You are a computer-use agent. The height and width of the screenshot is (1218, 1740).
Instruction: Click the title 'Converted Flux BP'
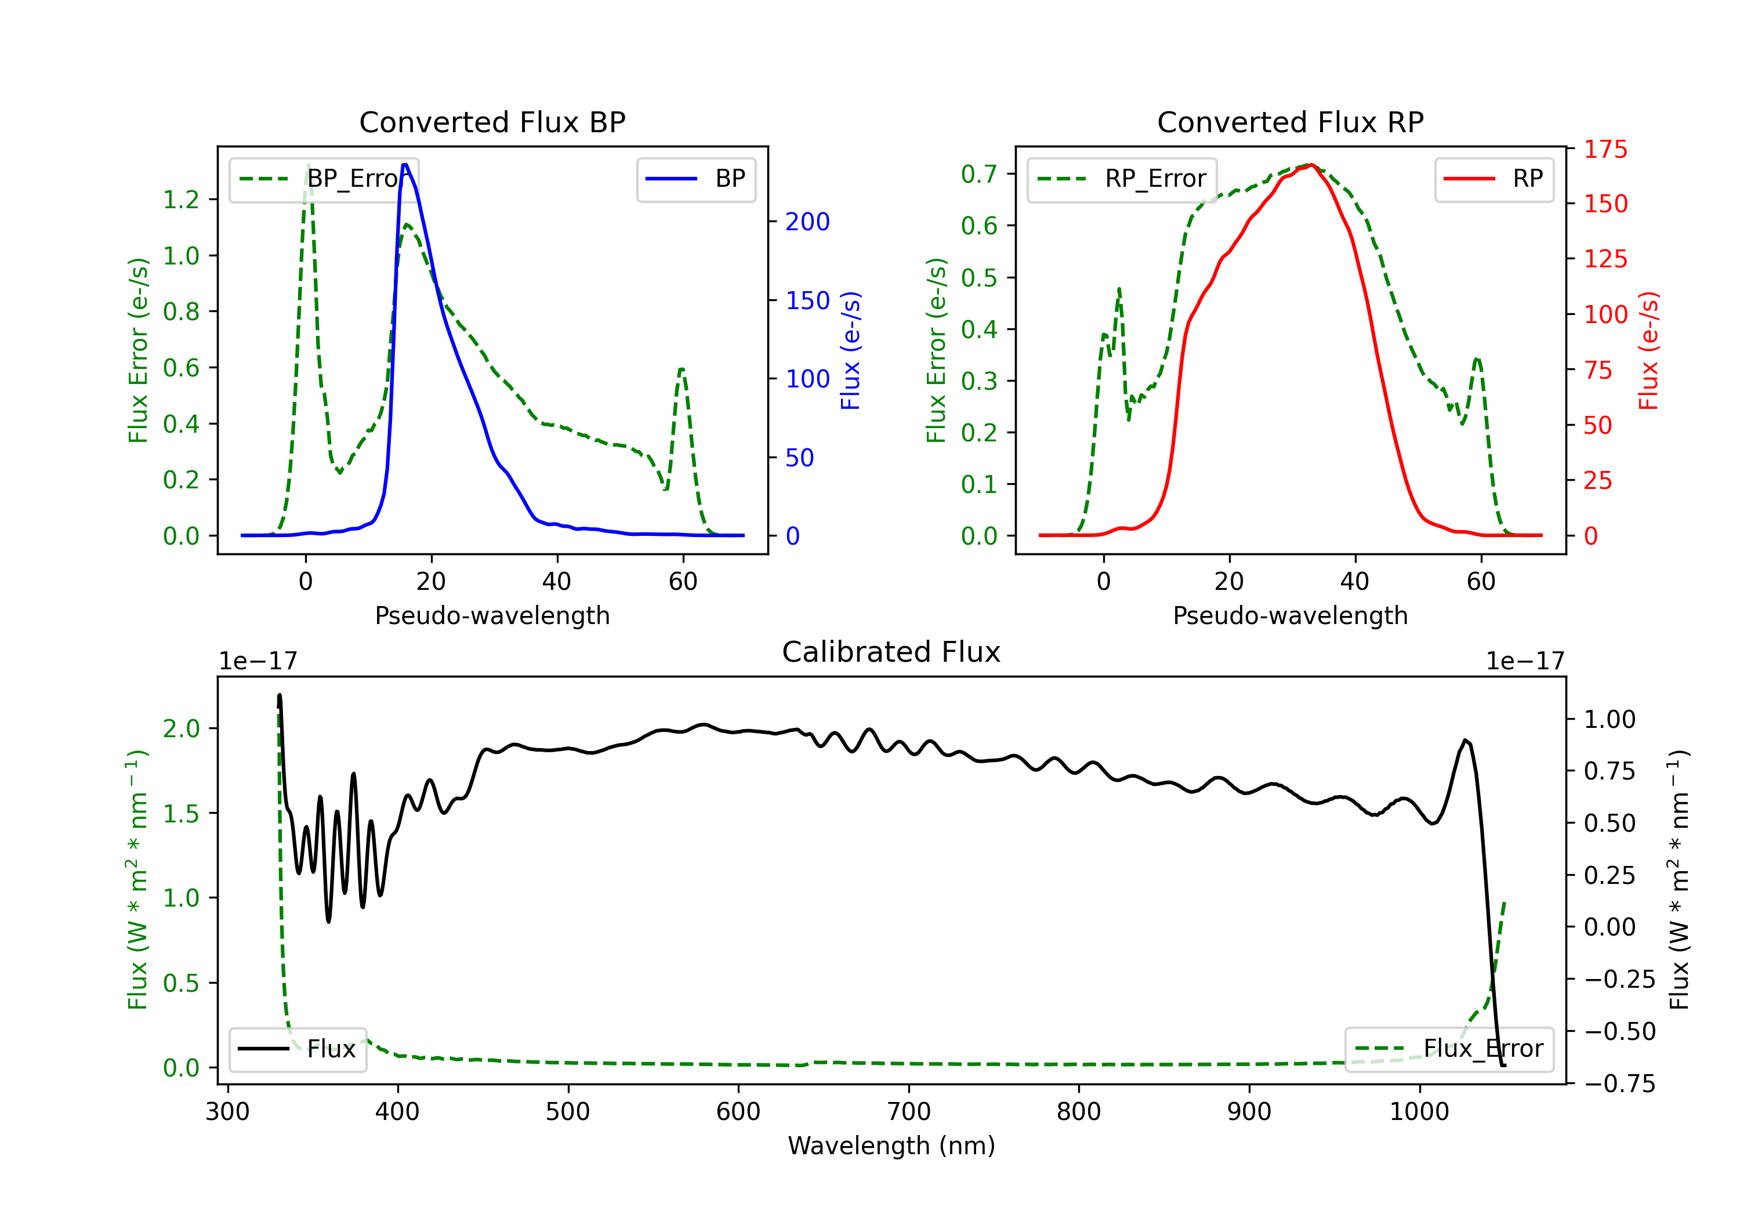(492, 122)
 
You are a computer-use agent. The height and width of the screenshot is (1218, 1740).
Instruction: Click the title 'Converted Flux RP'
(1290, 122)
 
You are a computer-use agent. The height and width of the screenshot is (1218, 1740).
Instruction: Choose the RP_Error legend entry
(1122, 179)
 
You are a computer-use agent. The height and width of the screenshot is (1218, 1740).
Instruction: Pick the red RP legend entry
(1493, 179)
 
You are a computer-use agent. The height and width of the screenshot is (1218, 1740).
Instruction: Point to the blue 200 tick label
(807, 222)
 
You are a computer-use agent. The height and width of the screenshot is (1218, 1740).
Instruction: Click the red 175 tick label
(1605, 149)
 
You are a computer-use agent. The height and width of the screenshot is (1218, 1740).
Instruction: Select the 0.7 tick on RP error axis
(979, 175)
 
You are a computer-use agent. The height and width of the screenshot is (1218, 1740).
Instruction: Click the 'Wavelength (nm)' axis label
(891, 1145)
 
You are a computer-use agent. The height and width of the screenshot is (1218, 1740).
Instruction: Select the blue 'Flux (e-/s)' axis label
(850, 351)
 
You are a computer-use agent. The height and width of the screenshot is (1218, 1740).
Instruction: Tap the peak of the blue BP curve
(405, 165)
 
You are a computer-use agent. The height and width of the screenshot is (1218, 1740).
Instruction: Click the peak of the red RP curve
(1311, 165)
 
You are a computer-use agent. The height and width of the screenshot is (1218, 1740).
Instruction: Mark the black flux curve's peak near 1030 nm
(1466, 741)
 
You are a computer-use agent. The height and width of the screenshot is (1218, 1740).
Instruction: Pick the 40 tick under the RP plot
(1354, 581)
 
